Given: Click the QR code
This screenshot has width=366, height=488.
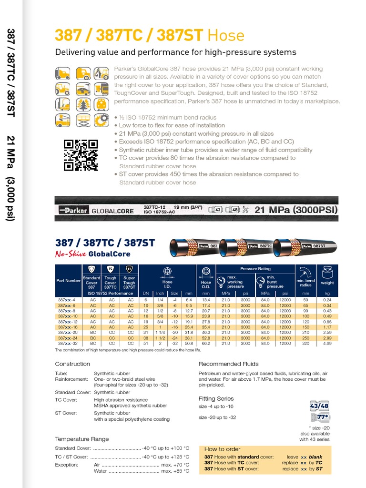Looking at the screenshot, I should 81,155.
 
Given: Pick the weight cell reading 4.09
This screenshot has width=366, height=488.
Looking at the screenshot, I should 327,343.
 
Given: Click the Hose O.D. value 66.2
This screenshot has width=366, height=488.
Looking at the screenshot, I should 206,343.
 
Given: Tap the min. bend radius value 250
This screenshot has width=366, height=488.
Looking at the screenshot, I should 305,337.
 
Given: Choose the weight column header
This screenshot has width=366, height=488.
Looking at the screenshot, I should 327,283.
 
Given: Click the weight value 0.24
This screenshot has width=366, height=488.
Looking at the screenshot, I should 327,300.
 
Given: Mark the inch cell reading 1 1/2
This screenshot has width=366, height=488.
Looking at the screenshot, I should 160,337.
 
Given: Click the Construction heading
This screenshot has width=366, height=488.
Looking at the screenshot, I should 72,364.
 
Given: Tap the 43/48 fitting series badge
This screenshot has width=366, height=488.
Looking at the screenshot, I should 319,406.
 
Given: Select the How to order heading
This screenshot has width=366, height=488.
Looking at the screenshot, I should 223,449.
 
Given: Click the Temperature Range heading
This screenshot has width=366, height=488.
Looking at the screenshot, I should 82,439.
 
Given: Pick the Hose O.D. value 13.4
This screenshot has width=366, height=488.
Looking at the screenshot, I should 206,300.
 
